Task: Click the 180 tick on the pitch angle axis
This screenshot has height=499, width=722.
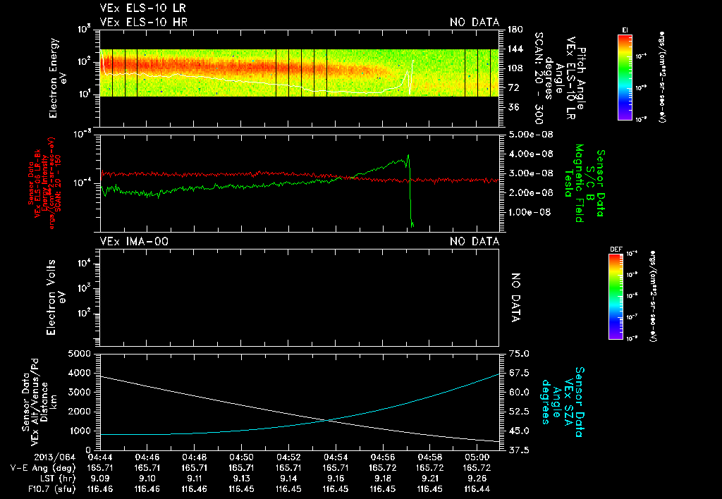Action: click(x=514, y=30)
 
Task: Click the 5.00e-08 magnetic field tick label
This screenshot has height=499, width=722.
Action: click(x=528, y=134)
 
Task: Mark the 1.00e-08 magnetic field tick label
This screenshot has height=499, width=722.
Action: click(x=528, y=211)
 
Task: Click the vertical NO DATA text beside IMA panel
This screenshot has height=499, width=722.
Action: click(x=515, y=297)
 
